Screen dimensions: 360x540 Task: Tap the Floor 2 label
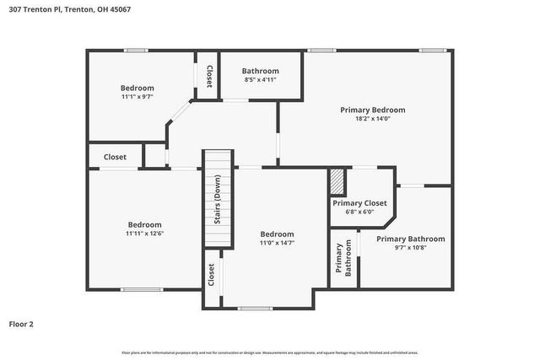click(x=21, y=323)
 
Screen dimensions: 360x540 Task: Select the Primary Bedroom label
click(x=372, y=110)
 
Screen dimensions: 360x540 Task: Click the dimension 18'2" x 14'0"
click(x=372, y=119)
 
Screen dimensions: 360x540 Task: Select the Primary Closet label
click(x=359, y=203)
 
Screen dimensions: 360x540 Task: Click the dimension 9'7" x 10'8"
click(x=409, y=248)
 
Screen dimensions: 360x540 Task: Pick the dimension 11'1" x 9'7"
click(x=137, y=97)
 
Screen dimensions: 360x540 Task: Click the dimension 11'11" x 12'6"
click(x=144, y=234)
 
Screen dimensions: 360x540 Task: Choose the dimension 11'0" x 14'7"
click(x=277, y=243)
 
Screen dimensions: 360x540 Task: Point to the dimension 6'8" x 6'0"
click(x=359, y=212)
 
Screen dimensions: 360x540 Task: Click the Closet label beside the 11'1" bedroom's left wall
click(x=115, y=157)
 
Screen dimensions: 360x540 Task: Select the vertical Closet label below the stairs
click(x=211, y=273)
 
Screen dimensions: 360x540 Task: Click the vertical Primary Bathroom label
click(x=343, y=260)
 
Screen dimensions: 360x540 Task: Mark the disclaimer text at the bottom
click(x=269, y=352)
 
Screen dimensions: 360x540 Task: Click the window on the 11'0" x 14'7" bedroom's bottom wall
click(x=255, y=308)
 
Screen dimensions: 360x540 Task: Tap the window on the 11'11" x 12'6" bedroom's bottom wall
click(x=144, y=289)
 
